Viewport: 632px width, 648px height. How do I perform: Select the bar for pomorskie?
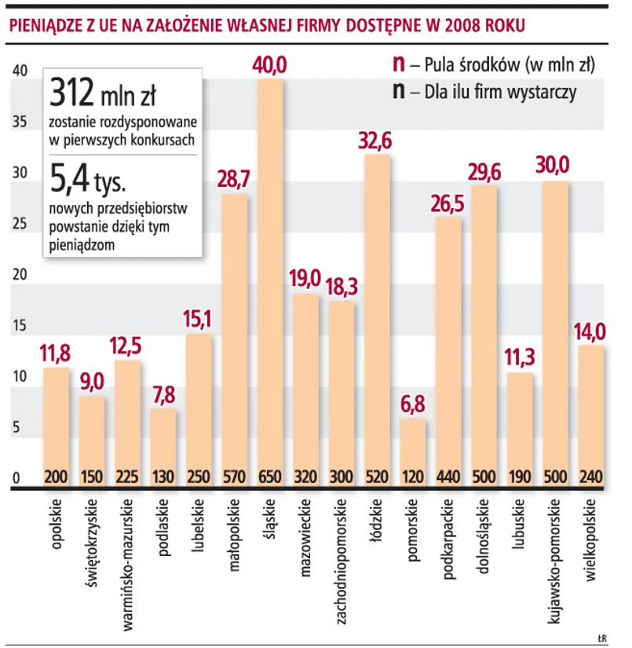pyautogui.click(x=413, y=448)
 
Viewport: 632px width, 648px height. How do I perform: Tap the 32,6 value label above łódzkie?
pyautogui.click(x=376, y=141)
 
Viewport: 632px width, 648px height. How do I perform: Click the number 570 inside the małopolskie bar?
pyautogui.click(x=235, y=476)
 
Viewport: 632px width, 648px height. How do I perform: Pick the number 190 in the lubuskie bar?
pyautogui.click(x=519, y=476)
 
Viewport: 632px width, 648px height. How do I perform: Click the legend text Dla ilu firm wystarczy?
pyautogui.click(x=500, y=92)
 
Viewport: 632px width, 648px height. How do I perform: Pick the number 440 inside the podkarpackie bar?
pyautogui.click(x=448, y=476)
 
